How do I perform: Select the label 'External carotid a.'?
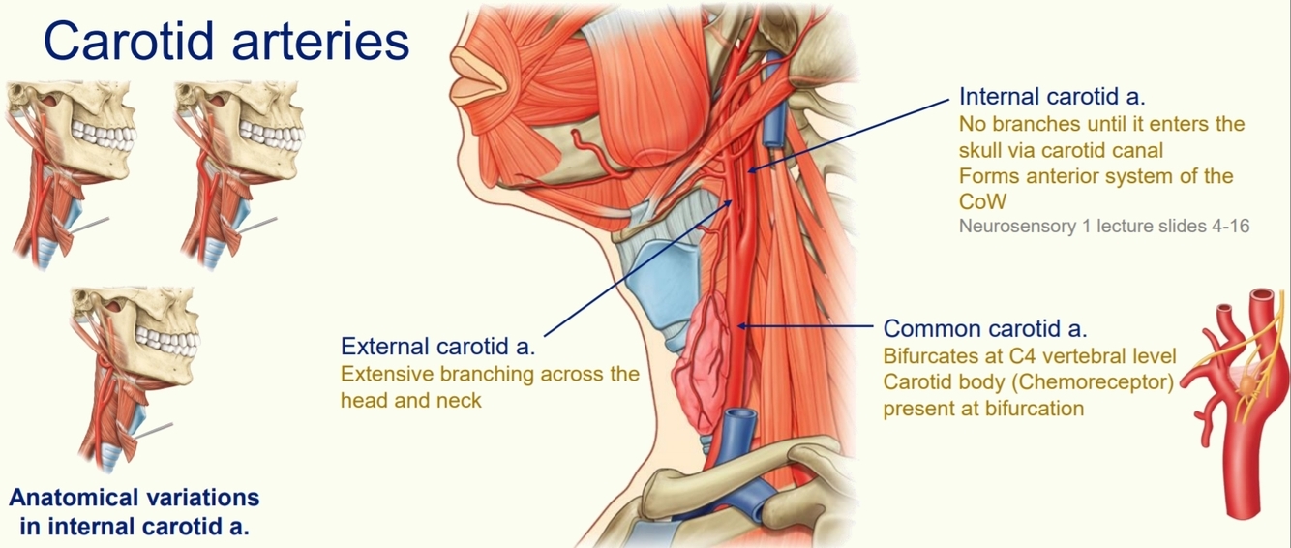coord(437,347)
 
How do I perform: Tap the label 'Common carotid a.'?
coord(993,328)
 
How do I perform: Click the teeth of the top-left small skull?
coord(106,131)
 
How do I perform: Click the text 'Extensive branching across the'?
coord(490,374)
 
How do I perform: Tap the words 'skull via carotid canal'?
coord(1060,150)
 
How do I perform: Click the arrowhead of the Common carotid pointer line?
coord(741,327)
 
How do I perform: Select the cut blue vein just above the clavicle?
coord(735,426)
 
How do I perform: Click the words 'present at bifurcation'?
coord(983,408)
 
